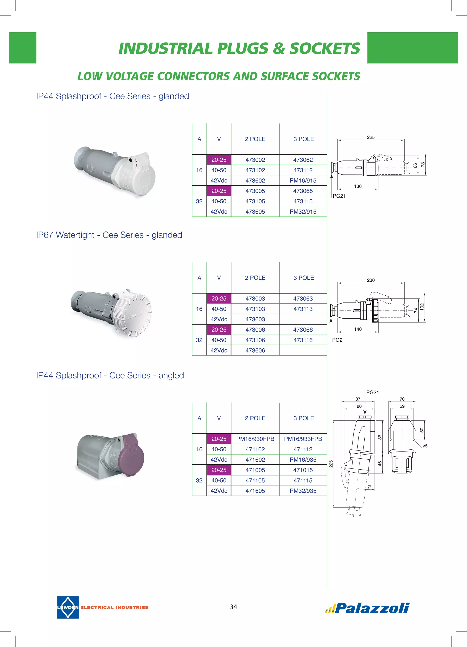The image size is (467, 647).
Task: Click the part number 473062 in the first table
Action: pyautogui.click(x=303, y=160)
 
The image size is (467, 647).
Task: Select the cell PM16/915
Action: pyautogui.click(x=303, y=181)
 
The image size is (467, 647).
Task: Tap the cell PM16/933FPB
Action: pyautogui.click(x=303, y=439)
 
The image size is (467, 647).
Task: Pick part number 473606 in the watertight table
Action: pyautogui.click(x=255, y=350)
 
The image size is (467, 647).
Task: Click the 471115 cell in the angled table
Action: pyautogui.click(x=303, y=480)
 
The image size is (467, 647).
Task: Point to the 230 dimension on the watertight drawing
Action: pyautogui.click(x=371, y=280)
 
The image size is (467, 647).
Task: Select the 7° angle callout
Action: pyautogui.click(x=369, y=487)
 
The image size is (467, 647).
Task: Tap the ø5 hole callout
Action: pyautogui.click(x=425, y=446)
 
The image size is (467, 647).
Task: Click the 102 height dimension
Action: pyautogui.click(x=422, y=307)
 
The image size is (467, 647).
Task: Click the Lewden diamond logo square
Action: pyautogui.click(x=68, y=607)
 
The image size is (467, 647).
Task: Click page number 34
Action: pyautogui.click(x=233, y=607)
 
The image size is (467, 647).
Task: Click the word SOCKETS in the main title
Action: pyautogui.click(x=325, y=48)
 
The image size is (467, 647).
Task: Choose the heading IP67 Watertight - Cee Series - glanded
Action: pyautogui.click(x=109, y=235)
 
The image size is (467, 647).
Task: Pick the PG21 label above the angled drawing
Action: pyautogui.click(x=372, y=392)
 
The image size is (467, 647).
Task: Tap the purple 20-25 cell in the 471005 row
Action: pyautogui.click(x=219, y=470)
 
